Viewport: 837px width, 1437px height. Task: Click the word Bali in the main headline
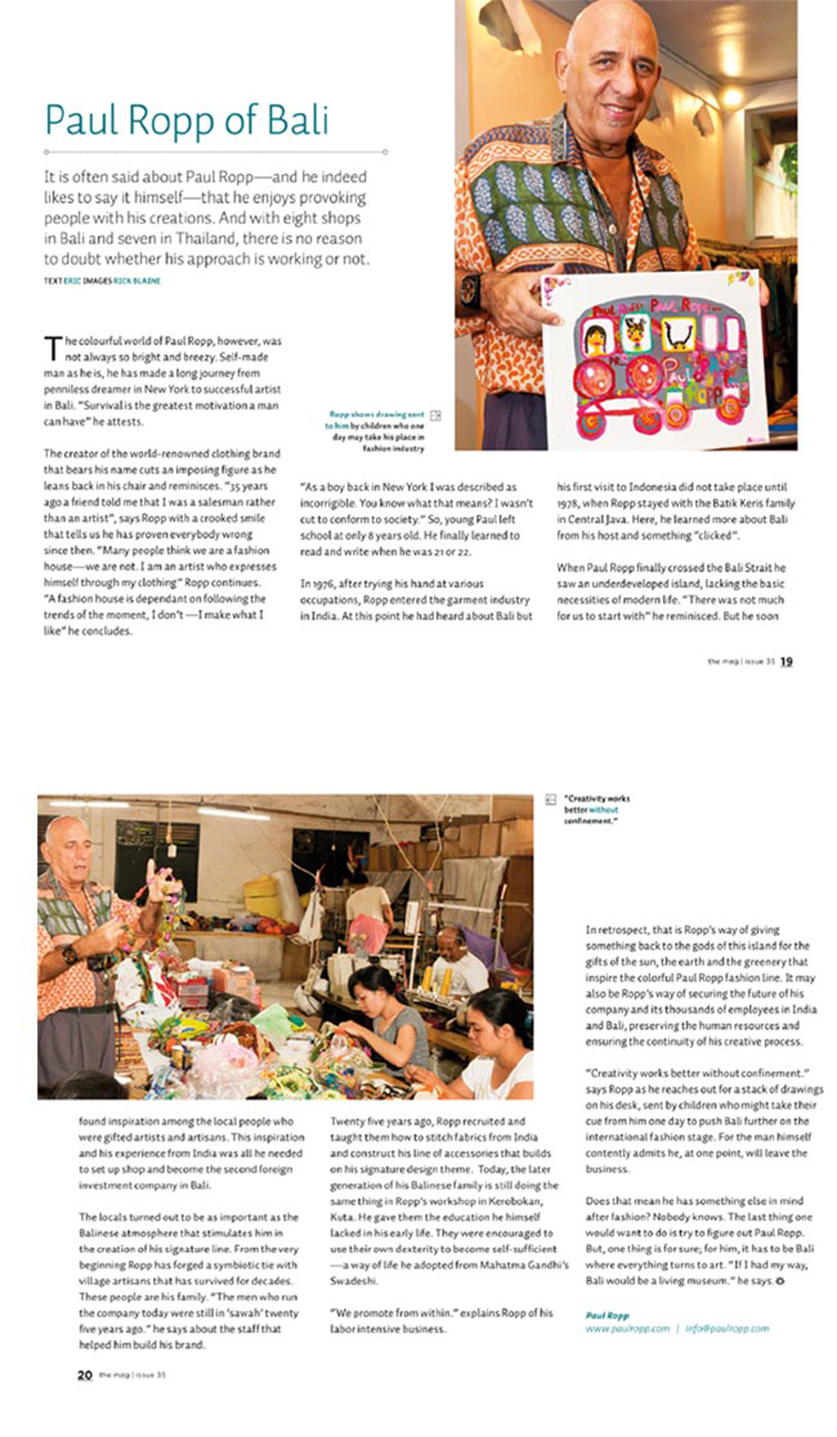pos(298,120)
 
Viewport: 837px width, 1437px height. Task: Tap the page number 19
pos(786,661)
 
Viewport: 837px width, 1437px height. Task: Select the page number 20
pos(84,1374)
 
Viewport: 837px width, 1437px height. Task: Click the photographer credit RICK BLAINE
pos(142,281)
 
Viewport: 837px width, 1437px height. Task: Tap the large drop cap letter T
pos(53,349)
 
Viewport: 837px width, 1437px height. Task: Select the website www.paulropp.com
pos(627,1328)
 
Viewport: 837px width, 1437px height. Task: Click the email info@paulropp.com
pos(727,1328)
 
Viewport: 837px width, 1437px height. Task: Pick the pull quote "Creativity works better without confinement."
pos(596,809)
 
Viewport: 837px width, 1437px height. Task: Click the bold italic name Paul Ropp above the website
pos(607,1315)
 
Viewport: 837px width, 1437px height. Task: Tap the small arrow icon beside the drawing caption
pos(436,416)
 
